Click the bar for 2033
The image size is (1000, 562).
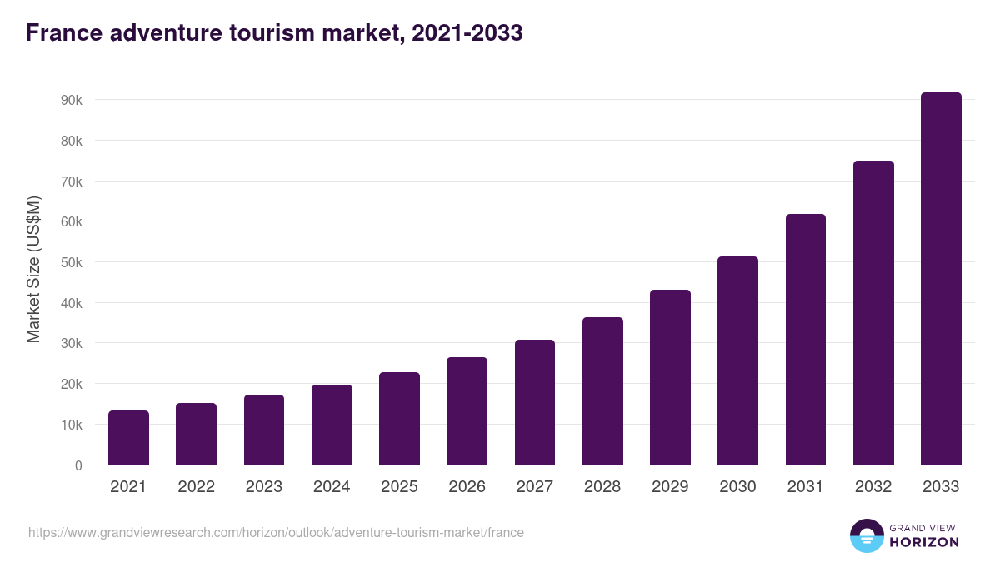pyautogui.click(x=941, y=279)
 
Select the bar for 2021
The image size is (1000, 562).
pyautogui.click(x=128, y=438)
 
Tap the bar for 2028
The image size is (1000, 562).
pyautogui.click(x=602, y=391)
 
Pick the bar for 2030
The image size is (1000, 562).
pyautogui.click(x=737, y=361)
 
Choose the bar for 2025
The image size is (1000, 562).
pyautogui.click(x=399, y=419)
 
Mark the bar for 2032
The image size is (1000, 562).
pyautogui.click(x=873, y=313)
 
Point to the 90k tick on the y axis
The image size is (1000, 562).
pyautogui.click(x=71, y=100)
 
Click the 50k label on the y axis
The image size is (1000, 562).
pyautogui.click(x=71, y=262)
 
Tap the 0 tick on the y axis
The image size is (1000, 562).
pyautogui.click(x=78, y=465)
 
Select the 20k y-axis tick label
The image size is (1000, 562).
pyautogui.click(x=71, y=384)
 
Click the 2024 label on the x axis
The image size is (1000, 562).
pyautogui.click(x=332, y=487)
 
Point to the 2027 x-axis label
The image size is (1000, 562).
pyautogui.click(x=534, y=487)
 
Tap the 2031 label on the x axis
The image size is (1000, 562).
pyautogui.click(x=805, y=487)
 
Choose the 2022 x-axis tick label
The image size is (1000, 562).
pyautogui.click(x=196, y=487)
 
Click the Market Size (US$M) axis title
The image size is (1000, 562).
pyautogui.click(x=33, y=269)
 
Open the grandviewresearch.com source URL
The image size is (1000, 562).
pyautogui.click(x=276, y=532)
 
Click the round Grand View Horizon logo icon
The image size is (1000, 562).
pyautogui.click(x=866, y=535)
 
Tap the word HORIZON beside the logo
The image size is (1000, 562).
pyautogui.click(x=923, y=542)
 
